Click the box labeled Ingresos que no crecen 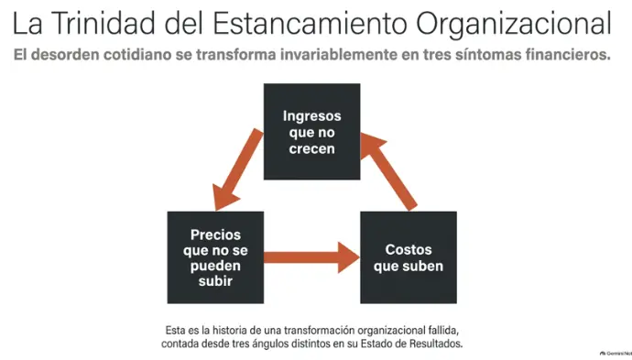pos(312,131)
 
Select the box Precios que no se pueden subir pos(215,257)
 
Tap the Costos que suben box pos(409,257)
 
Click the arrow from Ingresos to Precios pos(238,169)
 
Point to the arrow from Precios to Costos pos(311,257)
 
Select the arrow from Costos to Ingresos pos(389,171)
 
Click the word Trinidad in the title pos(104,23)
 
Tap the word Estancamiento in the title pos(311,23)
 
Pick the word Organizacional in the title pos(514,24)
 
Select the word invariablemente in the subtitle pos(338,54)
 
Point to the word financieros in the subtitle pos(568,54)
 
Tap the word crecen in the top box pos(312,148)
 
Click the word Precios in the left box pos(215,235)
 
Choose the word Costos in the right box pos(409,249)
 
